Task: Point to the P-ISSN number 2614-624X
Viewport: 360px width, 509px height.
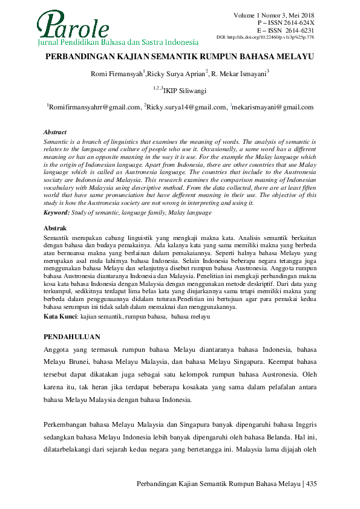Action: coord(299,22)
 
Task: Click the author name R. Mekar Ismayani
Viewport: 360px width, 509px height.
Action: coord(240,74)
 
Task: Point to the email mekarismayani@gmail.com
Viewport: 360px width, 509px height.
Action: coord(273,107)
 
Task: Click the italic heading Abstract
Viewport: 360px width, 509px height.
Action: coord(55,132)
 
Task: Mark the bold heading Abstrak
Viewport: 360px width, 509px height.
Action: coord(54,229)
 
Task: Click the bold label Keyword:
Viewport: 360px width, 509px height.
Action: coord(57,212)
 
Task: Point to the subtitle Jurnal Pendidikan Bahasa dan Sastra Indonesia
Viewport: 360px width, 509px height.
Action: coord(117,43)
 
